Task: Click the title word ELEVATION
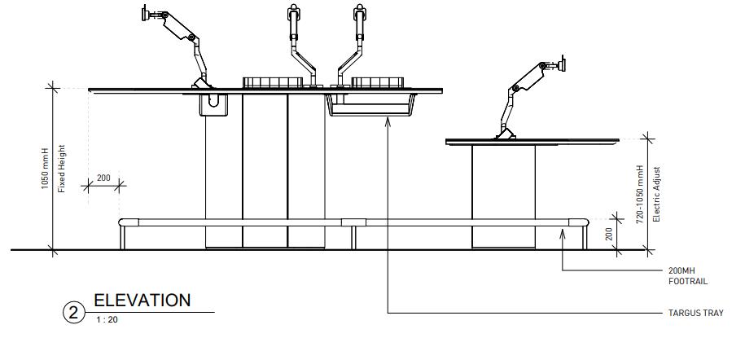click(142, 300)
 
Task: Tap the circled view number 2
click(74, 313)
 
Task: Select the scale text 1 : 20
click(107, 320)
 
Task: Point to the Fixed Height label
click(61, 169)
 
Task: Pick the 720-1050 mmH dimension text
click(640, 193)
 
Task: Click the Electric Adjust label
click(656, 194)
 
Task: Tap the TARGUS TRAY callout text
click(695, 313)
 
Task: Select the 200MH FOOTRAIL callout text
click(686, 275)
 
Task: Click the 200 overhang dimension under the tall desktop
click(103, 178)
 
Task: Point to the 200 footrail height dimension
click(608, 233)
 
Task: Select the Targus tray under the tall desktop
click(371, 106)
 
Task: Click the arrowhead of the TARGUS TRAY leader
click(388, 119)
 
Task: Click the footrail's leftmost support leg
click(123, 237)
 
